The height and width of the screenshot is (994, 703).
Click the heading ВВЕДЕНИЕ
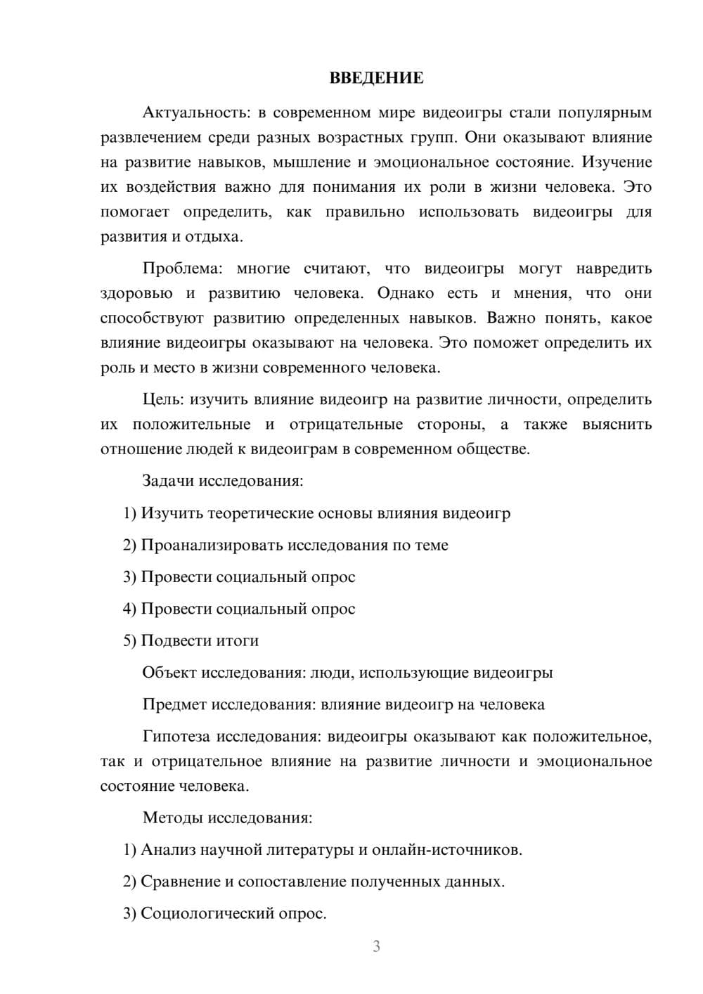click(376, 78)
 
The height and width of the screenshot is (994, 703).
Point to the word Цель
click(163, 399)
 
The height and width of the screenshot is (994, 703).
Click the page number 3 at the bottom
click(376, 946)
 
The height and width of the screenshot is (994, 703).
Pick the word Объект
click(169, 673)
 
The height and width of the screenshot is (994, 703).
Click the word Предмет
click(174, 704)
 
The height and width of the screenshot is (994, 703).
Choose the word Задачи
click(168, 481)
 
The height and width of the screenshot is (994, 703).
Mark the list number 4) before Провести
click(129, 609)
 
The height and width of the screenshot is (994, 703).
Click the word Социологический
click(205, 913)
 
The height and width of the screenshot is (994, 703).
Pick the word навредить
click(614, 269)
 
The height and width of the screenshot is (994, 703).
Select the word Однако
click(405, 293)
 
